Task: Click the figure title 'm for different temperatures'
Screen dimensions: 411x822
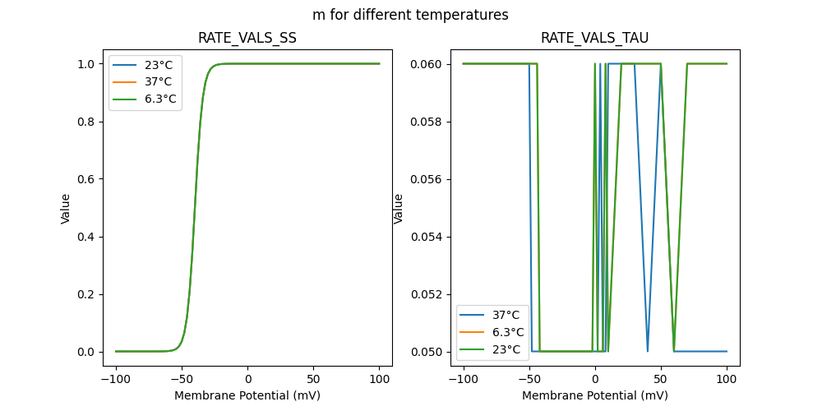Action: pyautogui.click(x=410, y=15)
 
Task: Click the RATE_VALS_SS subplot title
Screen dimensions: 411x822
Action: pyautogui.click(x=247, y=38)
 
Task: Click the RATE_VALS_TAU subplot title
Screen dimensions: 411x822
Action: pyautogui.click(x=594, y=38)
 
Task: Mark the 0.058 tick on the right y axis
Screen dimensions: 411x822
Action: pyautogui.click(x=429, y=122)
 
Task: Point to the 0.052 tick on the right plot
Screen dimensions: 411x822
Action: pyautogui.click(x=429, y=294)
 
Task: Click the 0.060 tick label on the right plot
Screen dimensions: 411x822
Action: pyautogui.click(x=429, y=64)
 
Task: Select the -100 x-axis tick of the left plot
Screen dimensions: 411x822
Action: pyautogui.click(x=116, y=379)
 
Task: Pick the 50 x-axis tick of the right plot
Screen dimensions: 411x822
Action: pyautogui.click(x=661, y=379)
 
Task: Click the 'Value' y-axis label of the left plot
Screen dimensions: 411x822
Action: pyautogui.click(x=66, y=208)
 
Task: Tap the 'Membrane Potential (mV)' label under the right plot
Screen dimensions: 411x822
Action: pyautogui.click(x=594, y=395)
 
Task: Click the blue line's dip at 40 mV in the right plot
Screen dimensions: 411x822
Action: pyautogui.click(x=648, y=350)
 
